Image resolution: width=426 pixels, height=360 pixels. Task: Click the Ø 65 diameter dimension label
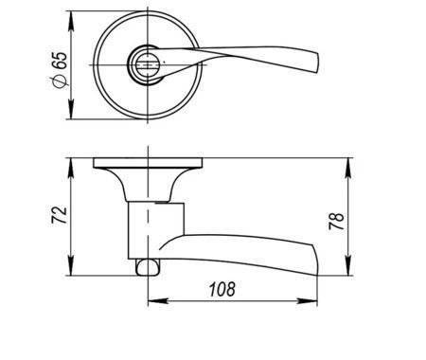click(x=60, y=70)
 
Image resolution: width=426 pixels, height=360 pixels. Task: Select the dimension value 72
click(x=60, y=215)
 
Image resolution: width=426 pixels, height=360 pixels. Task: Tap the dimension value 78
click(x=336, y=221)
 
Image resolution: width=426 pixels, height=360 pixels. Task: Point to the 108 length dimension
click(x=222, y=289)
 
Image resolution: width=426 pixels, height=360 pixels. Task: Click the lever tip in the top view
click(x=316, y=63)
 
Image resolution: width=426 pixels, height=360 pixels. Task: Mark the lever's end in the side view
click(x=314, y=260)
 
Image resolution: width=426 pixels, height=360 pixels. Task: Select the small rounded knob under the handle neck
click(x=148, y=267)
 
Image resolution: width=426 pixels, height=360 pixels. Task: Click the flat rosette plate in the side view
click(x=148, y=163)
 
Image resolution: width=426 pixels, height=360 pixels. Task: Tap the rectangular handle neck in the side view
click(x=156, y=230)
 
